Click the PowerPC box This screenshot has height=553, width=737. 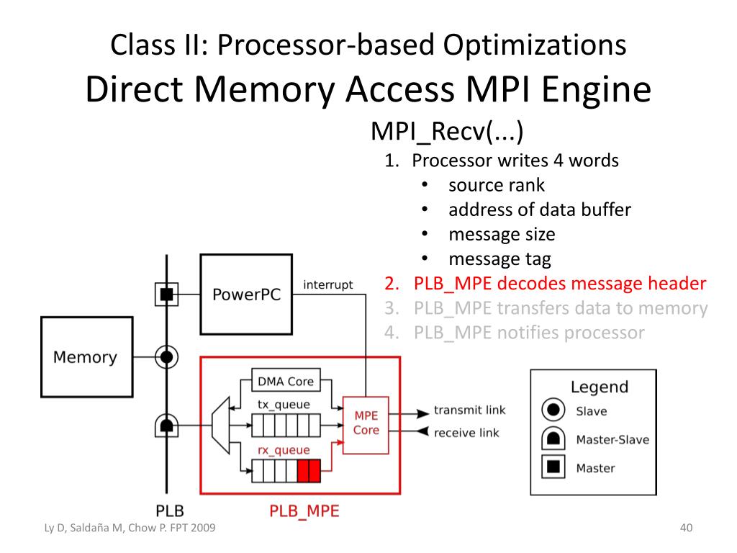click(246, 295)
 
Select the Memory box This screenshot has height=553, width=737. click(85, 356)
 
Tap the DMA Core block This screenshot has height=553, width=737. click(286, 381)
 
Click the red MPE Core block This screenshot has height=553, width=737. click(366, 423)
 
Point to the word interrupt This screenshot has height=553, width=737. click(328, 285)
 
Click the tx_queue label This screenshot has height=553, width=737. click(284, 405)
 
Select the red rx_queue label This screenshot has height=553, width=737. click(284, 450)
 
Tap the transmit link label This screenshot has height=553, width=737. click(469, 410)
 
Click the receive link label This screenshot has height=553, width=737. click(466, 433)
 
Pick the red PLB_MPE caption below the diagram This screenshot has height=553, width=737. click(304, 512)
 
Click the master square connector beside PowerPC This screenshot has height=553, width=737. click(166, 294)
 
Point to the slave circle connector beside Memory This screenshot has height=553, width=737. click(166, 356)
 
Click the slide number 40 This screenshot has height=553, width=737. click(685, 529)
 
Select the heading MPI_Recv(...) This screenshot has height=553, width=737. click(446, 132)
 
